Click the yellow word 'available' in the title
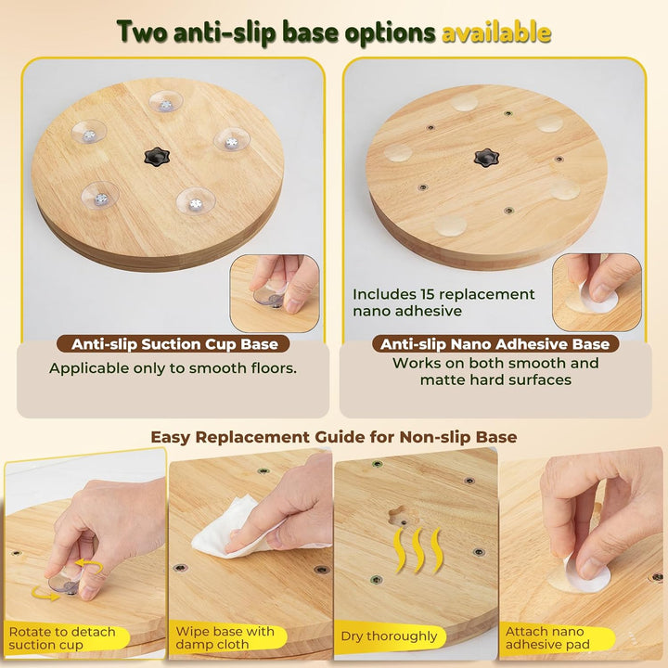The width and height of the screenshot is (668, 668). [x=496, y=32]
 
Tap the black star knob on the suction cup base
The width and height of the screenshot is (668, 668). [x=157, y=157]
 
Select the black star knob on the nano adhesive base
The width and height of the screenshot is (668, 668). [x=486, y=158]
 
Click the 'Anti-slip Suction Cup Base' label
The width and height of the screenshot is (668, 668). [x=174, y=344]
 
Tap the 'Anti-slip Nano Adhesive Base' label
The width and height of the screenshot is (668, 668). [x=495, y=344]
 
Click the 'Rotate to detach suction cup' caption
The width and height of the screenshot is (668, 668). [x=62, y=637]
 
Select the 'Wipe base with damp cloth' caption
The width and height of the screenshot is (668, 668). [x=225, y=637]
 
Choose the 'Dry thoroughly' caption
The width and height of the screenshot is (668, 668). [x=389, y=636]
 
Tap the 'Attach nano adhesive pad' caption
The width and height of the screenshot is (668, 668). [x=547, y=637]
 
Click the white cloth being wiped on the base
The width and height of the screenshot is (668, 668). [x=230, y=529]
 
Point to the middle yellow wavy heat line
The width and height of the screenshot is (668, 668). [x=417, y=549]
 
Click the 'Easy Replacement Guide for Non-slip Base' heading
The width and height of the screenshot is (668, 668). [x=334, y=437]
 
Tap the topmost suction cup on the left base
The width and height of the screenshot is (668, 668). [x=166, y=101]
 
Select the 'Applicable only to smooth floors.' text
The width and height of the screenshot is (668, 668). [x=173, y=368]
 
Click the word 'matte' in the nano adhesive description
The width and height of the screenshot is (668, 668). [x=441, y=379]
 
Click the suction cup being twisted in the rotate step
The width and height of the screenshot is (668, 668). [x=64, y=583]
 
